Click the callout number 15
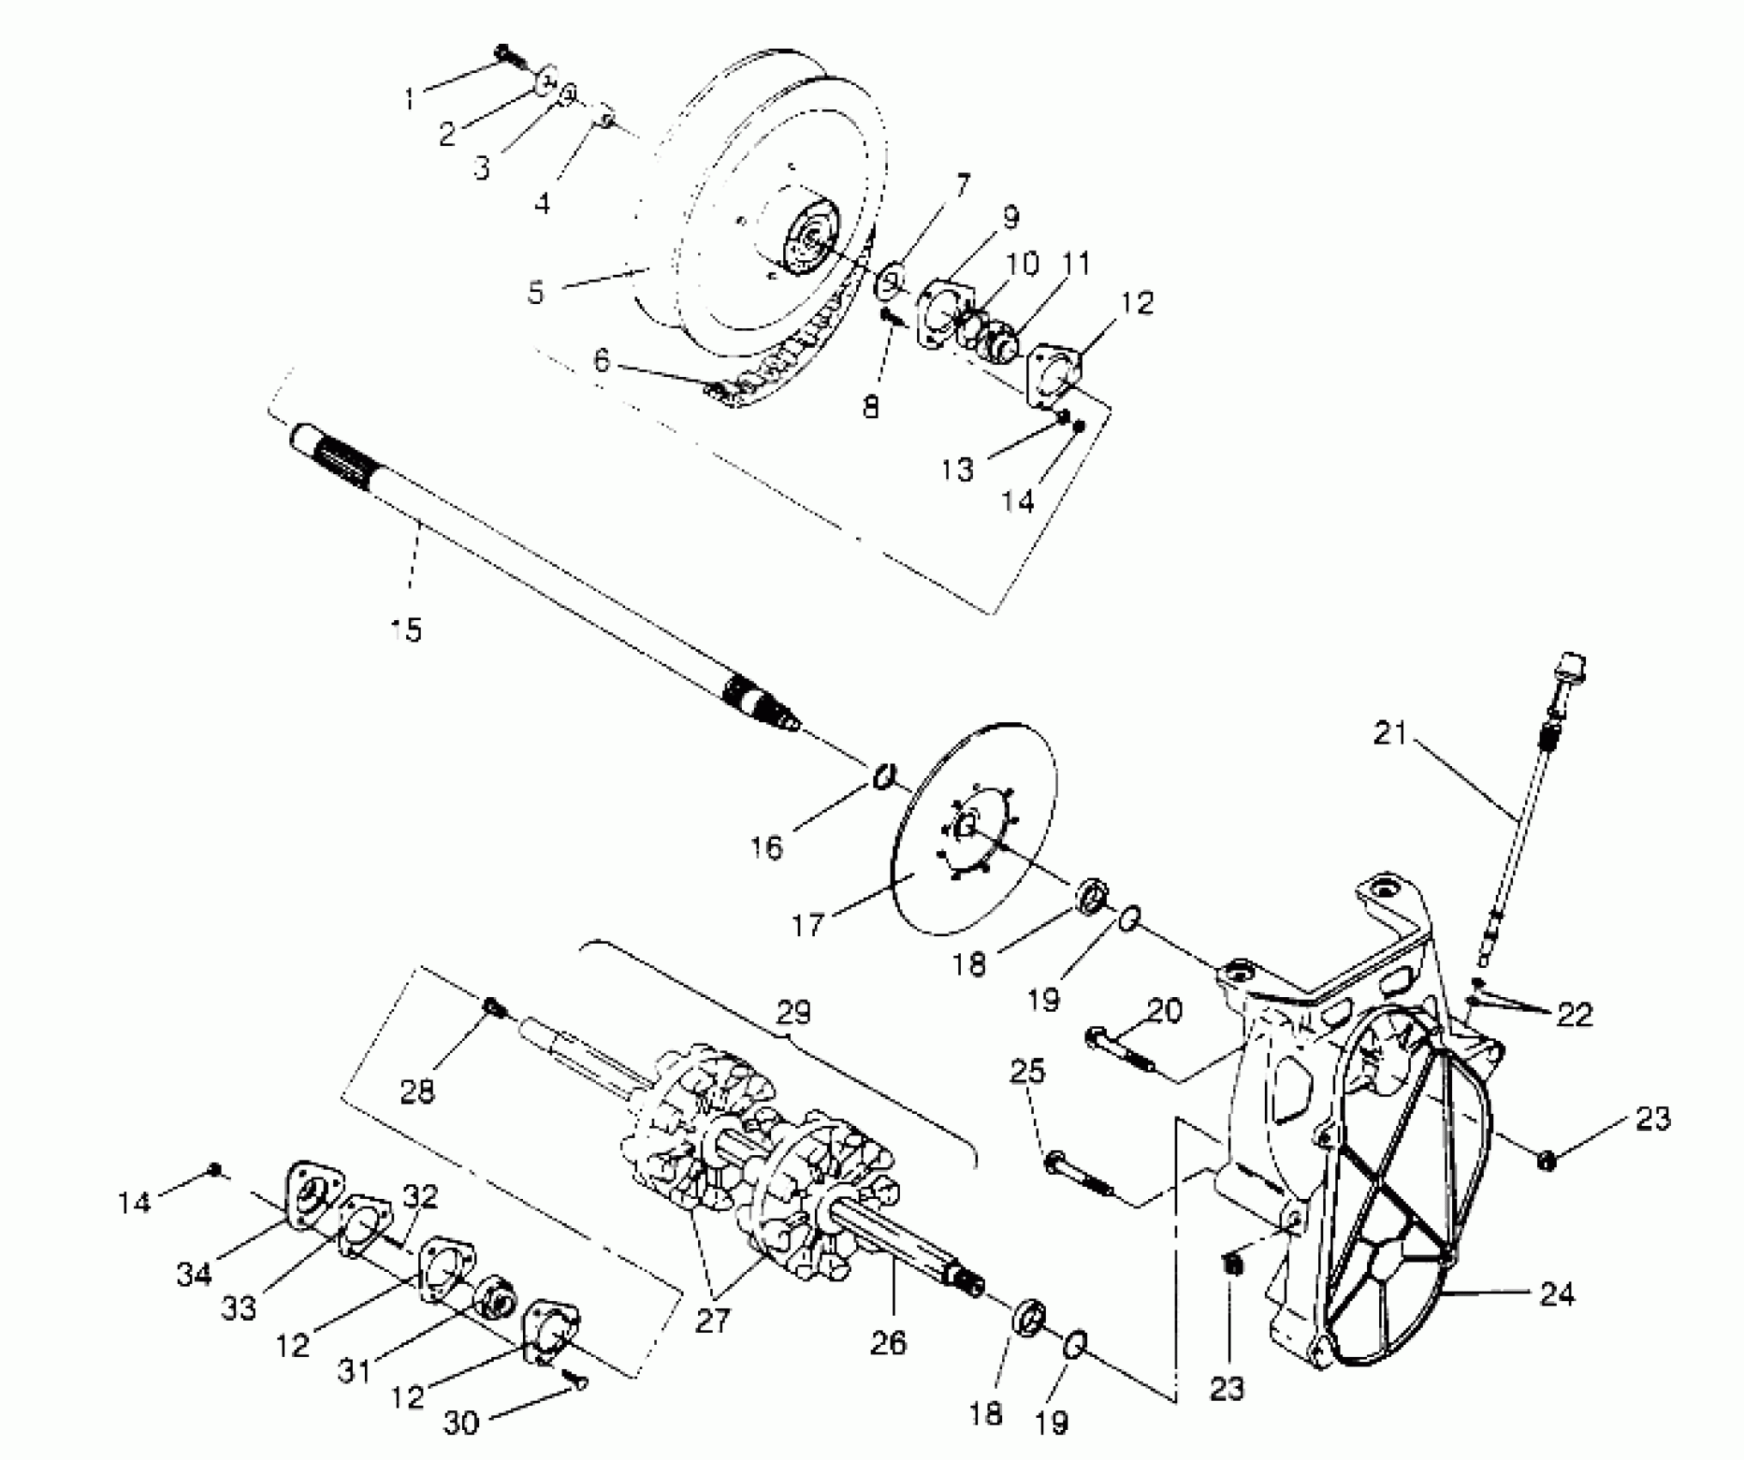(x=406, y=630)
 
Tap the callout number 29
(x=793, y=1013)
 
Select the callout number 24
(x=1557, y=1293)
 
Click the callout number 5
(x=536, y=292)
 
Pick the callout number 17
(x=601, y=361)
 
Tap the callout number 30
(x=460, y=1423)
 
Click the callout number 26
(x=888, y=1341)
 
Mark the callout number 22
(x=1573, y=1014)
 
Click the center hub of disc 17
(x=965, y=826)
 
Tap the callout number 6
(x=601, y=361)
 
